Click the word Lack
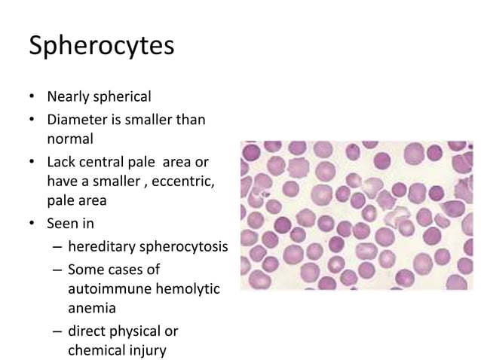pyautogui.click(x=62, y=163)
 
